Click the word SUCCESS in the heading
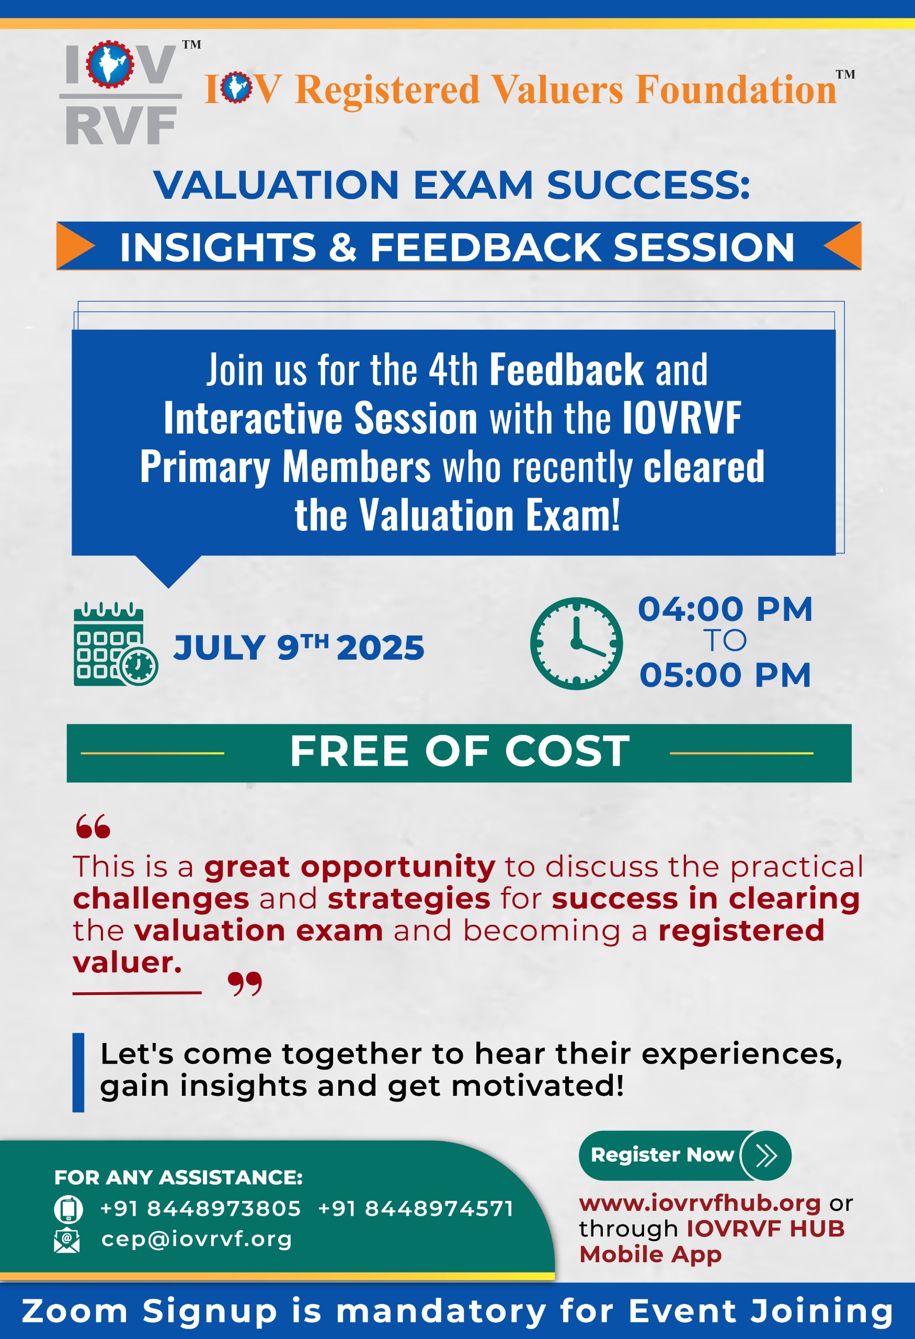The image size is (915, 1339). (648, 185)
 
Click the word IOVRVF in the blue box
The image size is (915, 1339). (682, 418)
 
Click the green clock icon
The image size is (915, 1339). (576, 643)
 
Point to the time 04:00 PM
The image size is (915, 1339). (725, 609)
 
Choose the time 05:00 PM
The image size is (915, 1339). (725, 675)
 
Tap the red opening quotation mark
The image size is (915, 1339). (93, 826)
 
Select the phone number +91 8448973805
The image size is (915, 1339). (200, 1208)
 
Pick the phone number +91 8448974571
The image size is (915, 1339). (415, 1208)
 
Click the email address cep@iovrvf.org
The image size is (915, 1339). (197, 1239)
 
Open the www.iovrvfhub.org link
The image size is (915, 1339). (700, 1203)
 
